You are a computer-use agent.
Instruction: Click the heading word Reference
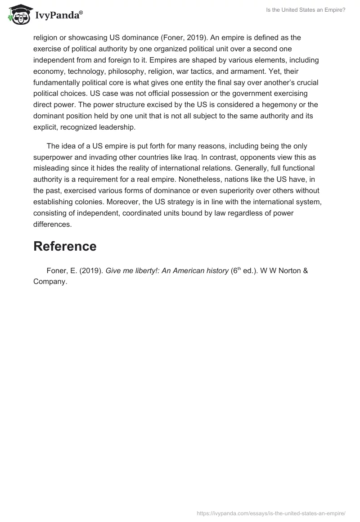tap(65, 246)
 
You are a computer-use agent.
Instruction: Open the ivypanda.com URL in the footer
tap(271, 513)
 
